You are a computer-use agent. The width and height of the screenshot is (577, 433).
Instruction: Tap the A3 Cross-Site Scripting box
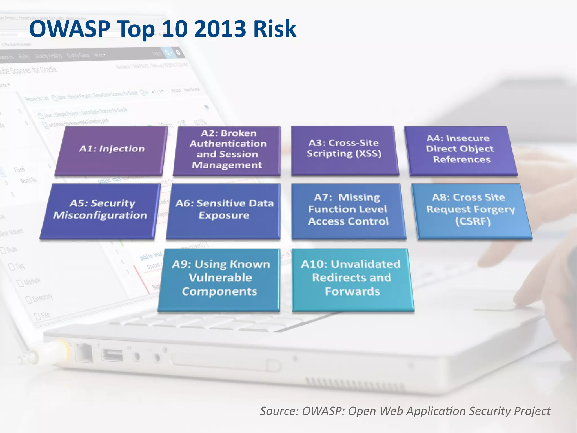pyautogui.click(x=344, y=150)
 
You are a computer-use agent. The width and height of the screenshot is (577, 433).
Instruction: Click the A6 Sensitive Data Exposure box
pyautogui.click(x=224, y=210)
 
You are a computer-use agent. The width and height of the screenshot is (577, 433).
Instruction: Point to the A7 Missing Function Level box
pyautogui.click(x=348, y=210)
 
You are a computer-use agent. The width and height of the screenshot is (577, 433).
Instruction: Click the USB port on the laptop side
pyautogui.click(x=112, y=355)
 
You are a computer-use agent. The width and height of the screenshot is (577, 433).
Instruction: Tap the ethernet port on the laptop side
pyautogui.click(x=84, y=353)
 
